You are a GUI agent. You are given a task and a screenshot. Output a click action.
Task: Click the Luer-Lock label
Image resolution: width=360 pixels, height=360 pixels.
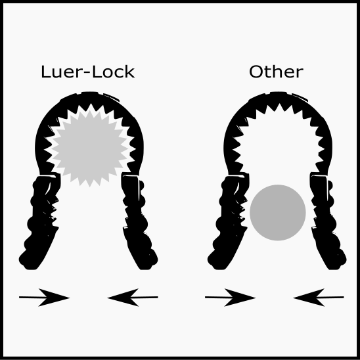coord(88,72)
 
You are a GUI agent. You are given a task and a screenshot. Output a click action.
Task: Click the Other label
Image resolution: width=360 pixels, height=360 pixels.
coord(276,72)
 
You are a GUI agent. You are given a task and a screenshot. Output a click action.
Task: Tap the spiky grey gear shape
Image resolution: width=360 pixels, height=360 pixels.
coord(89,148)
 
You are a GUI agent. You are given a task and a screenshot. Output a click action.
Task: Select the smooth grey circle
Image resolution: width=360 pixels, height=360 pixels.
coord(278,213)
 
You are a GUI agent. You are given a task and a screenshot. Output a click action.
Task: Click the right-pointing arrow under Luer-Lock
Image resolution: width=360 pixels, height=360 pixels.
coord(44,298)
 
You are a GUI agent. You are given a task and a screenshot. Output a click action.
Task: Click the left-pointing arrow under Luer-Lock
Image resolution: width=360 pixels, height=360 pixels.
coord(133,298)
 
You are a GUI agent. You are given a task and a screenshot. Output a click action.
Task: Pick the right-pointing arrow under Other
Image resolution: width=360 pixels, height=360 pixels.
coord(231,298)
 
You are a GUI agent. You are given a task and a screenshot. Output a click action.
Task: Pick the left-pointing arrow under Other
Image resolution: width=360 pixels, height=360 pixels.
coord(319,298)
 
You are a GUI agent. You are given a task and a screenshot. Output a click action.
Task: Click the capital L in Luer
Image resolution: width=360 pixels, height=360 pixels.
coord(45,72)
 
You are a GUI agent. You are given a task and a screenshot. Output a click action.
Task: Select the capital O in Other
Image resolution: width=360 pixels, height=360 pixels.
coord(256,72)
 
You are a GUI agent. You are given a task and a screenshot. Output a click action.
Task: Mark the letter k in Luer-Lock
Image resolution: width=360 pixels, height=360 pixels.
coord(130,72)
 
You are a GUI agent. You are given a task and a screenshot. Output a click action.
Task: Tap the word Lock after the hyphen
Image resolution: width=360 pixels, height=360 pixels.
coord(113,72)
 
